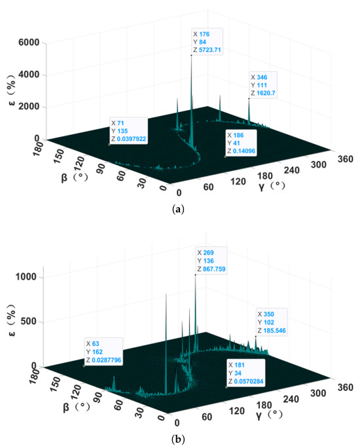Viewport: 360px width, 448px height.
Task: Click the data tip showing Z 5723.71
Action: click(x=207, y=41)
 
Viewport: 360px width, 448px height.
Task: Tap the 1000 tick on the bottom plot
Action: click(x=31, y=277)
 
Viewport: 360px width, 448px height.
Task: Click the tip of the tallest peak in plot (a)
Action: click(x=191, y=55)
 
